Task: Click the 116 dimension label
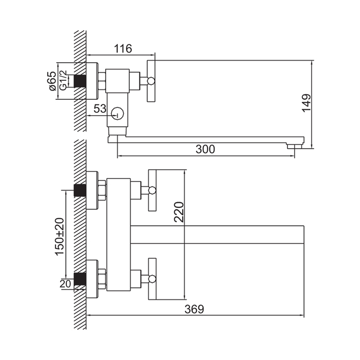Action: (123, 48)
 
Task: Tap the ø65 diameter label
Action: (53, 81)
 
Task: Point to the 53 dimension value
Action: (100, 109)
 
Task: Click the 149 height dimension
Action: (307, 103)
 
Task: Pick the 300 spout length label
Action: (205, 149)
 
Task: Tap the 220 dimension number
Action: (179, 212)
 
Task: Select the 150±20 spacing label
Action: (60, 236)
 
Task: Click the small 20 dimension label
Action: (65, 284)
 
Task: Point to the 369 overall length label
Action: (194, 309)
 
